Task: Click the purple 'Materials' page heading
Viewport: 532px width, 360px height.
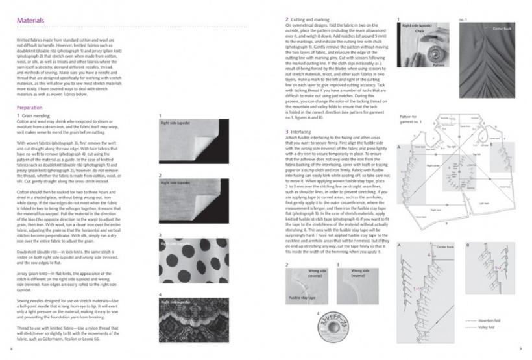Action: click(31, 21)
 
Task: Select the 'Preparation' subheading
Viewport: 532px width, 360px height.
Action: click(32, 107)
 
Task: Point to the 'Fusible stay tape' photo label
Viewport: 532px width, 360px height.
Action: click(302, 295)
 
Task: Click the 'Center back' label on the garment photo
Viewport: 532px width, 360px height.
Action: click(502, 29)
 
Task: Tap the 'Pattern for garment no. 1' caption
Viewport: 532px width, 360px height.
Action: click(411, 120)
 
